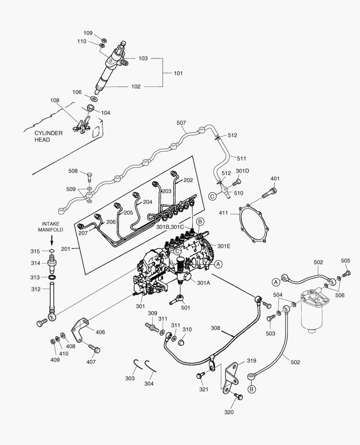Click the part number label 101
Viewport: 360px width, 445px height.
pos(178,73)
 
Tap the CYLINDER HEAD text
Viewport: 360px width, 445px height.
pos(48,136)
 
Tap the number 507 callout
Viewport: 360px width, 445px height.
pos(181,123)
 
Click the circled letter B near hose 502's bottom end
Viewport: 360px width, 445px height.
pos(250,389)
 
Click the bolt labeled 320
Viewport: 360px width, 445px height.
pos(238,397)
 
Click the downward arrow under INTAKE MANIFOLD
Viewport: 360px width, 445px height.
pos(52,239)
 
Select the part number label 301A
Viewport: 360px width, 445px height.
pos(203,283)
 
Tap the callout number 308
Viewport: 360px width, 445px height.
pos(216,329)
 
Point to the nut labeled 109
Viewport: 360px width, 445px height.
pos(104,40)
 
